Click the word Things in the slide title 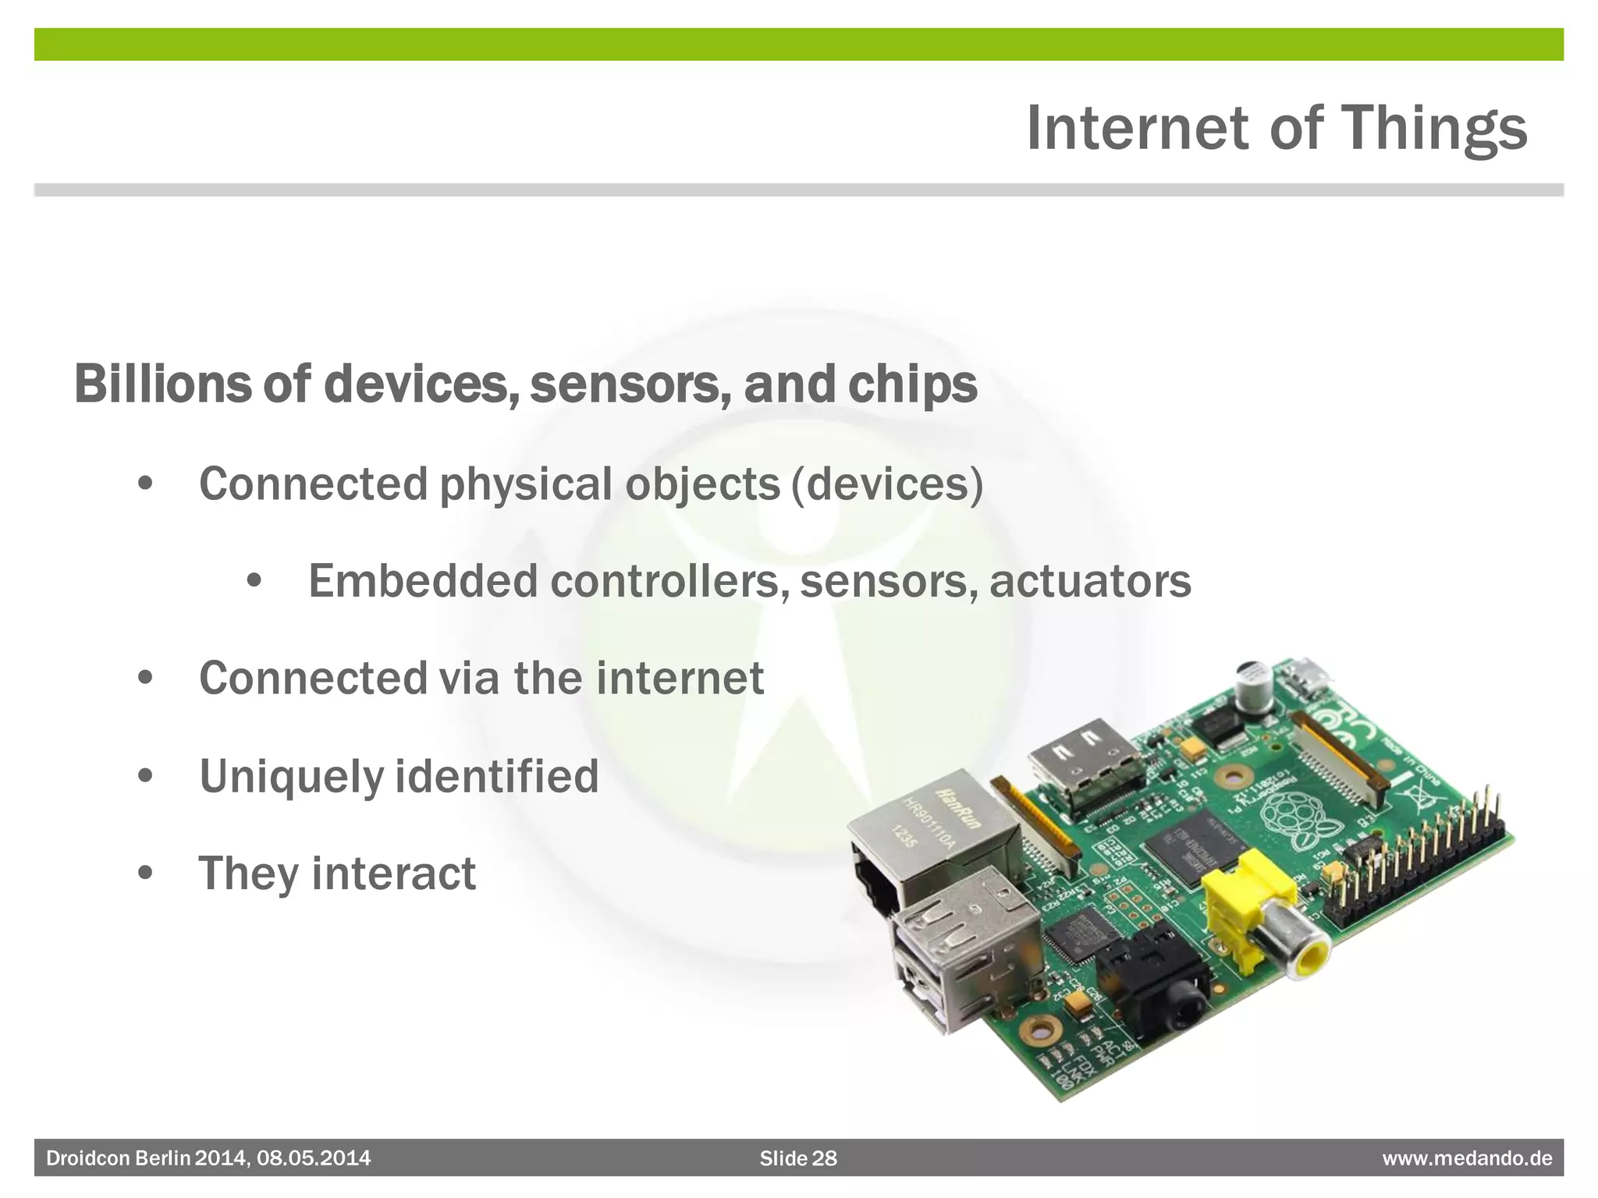pyautogui.click(x=1433, y=129)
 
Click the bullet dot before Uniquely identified pyautogui.click(x=145, y=776)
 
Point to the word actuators pyautogui.click(x=1090, y=582)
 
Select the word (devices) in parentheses pyautogui.click(x=887, y=484)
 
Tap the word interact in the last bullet pyautogui.click(x=393, y=873)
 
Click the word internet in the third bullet pyautogui.click(x=680, y=678)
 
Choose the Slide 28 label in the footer pyautogui.click(x=798, y=1158)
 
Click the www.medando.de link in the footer pyautogui.click(x=1467, y=1158)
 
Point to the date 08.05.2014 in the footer pyautogui.click(x=314, y=1158)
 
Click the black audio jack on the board pyautogui.click(x=1155, y=983)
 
